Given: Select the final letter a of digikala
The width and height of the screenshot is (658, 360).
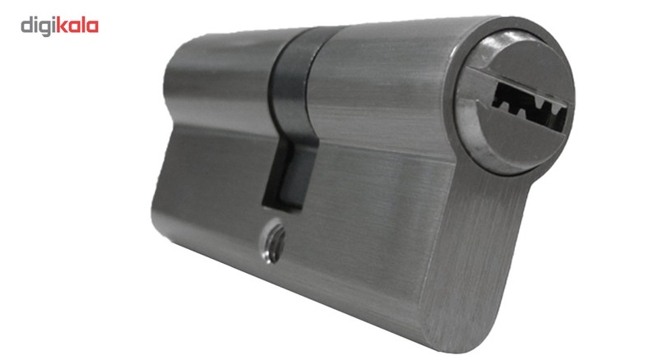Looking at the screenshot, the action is pos(92,27).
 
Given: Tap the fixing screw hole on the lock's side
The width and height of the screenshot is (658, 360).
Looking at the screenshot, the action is pos(274,242).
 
